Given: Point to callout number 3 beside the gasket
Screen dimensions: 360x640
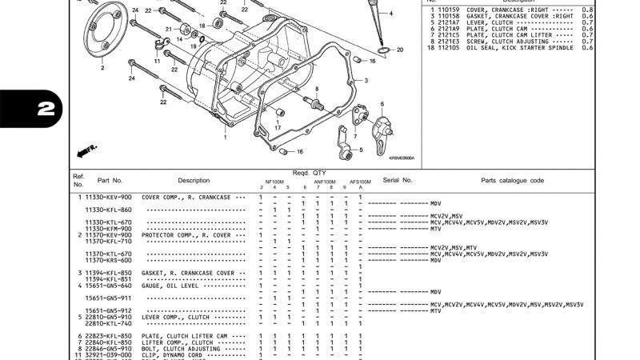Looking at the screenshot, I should pyautogui.click(x=366, y=81).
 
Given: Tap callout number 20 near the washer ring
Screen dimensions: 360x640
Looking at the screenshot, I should pyautogui.click(x=400, y=50).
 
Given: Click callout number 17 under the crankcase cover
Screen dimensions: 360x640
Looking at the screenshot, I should pyautogui.click(x=277, y=127).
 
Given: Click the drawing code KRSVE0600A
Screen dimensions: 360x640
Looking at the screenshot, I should pyautogui.click(x=402, y=158).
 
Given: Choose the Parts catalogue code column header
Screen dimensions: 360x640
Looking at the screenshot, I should pyautogui.click(x=512, y=181).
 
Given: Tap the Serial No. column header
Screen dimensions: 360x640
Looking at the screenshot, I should pyautogui.click(x=397, y=181).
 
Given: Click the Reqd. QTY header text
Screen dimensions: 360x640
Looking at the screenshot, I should pyautogui.click(x=308, y=173).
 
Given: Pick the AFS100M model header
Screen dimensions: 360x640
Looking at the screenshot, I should pyautogui.click(x=360, y=182).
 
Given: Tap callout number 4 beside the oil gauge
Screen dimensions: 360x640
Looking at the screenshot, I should pyautogui.click(x=390, y=14).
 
